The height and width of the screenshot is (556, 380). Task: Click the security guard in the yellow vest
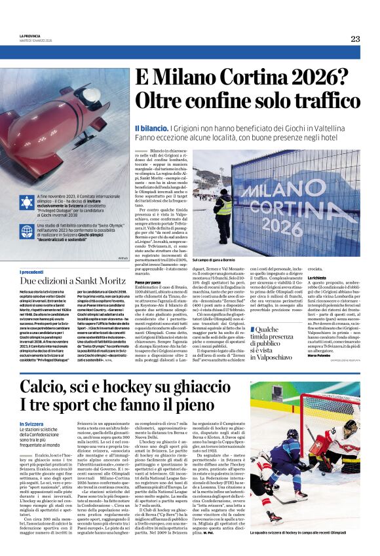coord(223,210)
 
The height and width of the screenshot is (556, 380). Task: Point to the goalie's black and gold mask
coord(351,427)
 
